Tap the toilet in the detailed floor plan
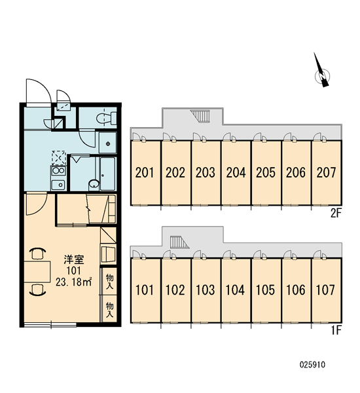(106, 118)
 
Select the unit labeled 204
(236, 172)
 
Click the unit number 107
(325, 290)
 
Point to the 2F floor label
(336, 214)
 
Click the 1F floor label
(336, 331)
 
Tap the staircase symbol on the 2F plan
(200, 116)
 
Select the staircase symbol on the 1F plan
(179, 242)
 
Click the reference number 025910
(312, 364)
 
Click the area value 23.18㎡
(74, 282)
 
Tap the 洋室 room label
(74, 259)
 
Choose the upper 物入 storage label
(109, 282)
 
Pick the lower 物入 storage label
(109, 310)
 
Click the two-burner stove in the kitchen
(58, 171)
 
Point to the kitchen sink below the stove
(58, 185)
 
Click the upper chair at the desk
(37, 253)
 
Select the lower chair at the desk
(37, 290)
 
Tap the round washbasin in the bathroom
(94, 184)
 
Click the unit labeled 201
(145, 172)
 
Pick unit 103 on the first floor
(206, 290)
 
